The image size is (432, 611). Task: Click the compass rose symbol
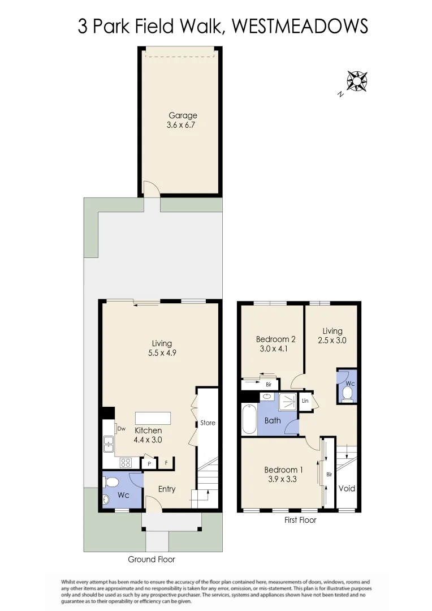(x=357, y=81)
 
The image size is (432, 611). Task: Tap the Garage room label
(x=183, y=115)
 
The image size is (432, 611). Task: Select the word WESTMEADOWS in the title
(x=300, y=26)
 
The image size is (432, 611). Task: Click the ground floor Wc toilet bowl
(x=112, y=483)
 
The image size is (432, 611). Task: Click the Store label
(x=208, y=423)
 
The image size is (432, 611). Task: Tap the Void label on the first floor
(x=347, y=488)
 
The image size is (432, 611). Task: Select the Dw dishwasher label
(x=121, y=428)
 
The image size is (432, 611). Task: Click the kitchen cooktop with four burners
(x=126, y=462)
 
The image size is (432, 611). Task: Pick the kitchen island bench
(x=153, y=418)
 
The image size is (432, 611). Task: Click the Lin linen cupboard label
(x=305, y=401)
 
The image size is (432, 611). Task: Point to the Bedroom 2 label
(x=276, y=339)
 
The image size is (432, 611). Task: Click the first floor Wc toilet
(x=348, y=392)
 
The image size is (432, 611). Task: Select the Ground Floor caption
(x=152, y=560)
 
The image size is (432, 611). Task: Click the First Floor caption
(x=300, y=520)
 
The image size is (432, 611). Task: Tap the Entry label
(x=166, y=489)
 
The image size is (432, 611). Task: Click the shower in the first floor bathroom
(x=288, y=402)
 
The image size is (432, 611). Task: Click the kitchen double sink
(x=108, y=444)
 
